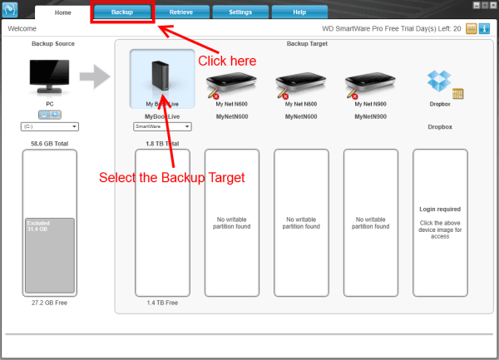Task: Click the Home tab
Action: pos(63,12)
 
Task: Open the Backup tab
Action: pos(122,12)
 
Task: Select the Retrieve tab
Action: pos(180,12)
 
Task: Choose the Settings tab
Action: pos(240,12)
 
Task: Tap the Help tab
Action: pos(299,12)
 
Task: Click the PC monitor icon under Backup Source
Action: pos(50,77)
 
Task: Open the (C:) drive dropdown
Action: pos(49,126)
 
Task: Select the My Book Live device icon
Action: pos(162,80)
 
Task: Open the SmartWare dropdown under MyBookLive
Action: pos(162,126)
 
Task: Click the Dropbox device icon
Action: pos(439,81)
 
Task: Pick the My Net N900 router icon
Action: pos(368,81)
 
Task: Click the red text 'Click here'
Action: pos(227,61)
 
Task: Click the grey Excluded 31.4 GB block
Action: pos(50,255)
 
